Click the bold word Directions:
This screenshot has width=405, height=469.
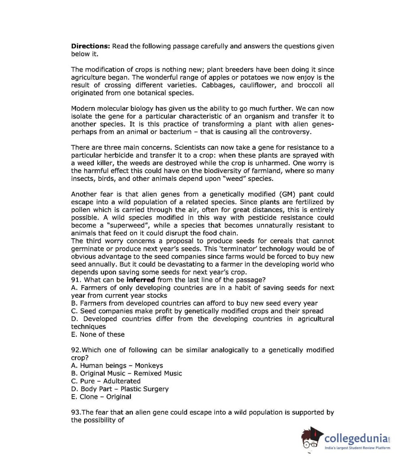click(x=91, y=46)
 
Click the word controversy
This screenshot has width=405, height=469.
click(x=290, y=132)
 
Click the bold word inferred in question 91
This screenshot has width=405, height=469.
click(x=141, y=280)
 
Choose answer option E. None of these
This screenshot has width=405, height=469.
click(x=98, y=334)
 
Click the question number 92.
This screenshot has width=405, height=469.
click(x=76, y=350)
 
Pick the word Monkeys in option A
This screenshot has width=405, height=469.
click(x=149, y=365)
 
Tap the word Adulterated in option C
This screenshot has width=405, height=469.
click(x=122, y=381)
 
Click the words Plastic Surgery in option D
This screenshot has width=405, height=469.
click(x=145, y=389)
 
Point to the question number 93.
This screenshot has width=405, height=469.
click(x=76, y=412)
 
